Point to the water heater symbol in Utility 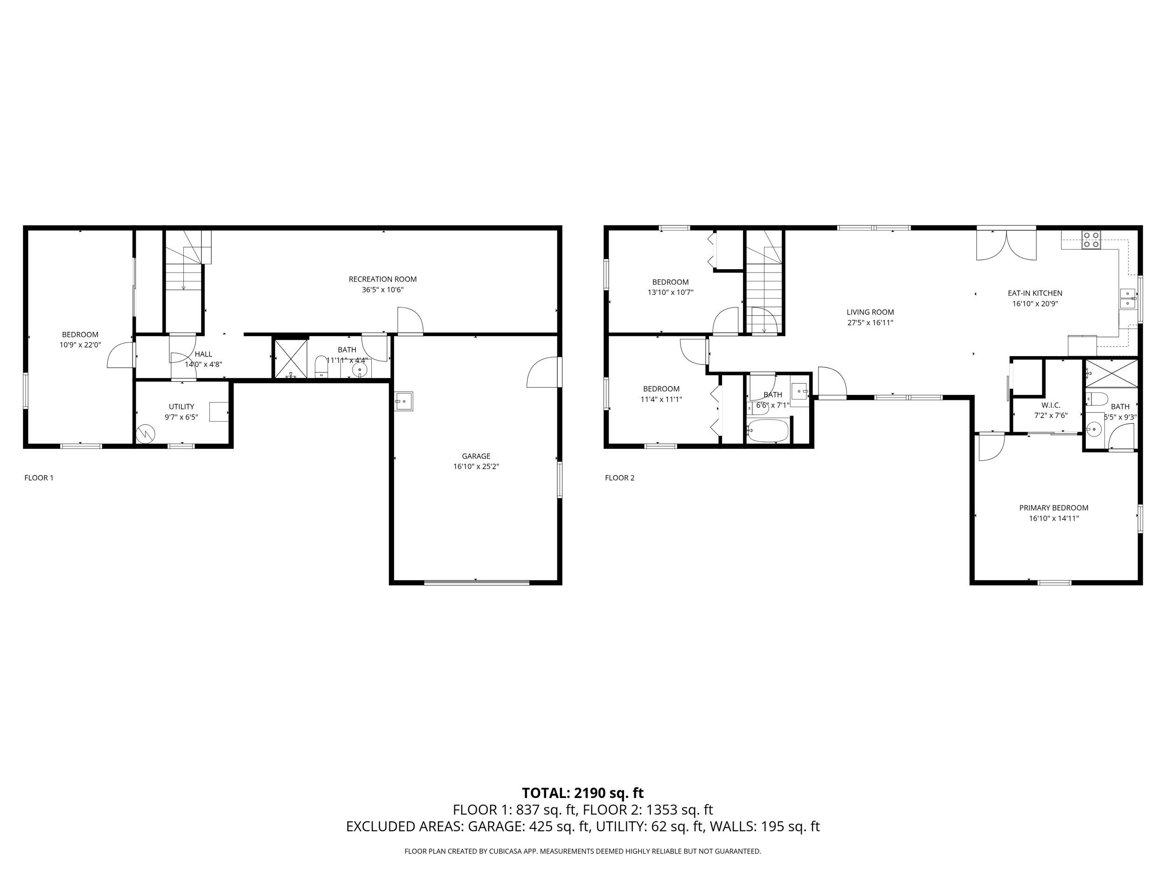(146, 434)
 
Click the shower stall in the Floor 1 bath (291, 359)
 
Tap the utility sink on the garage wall (404, 401)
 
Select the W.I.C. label (1050, 405)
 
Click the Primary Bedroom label (1053, 507)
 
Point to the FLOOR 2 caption (619, 478)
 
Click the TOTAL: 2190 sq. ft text (583, 793)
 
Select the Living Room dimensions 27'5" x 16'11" (870, 323)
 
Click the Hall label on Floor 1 (203, 354)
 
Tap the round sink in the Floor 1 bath (360, 369)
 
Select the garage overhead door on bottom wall (476, 582)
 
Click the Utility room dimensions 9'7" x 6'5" (181, 417)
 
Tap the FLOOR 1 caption (39, 478)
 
